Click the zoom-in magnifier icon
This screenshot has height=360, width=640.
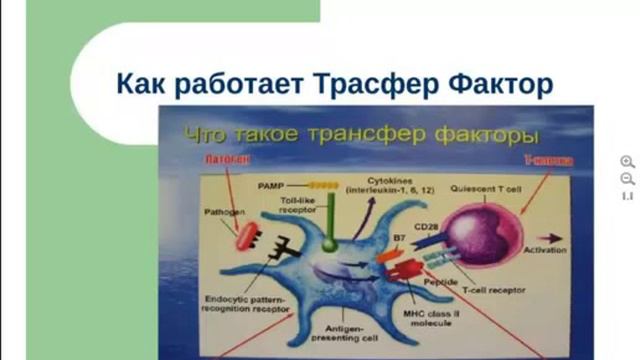click(x=627, y=161)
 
